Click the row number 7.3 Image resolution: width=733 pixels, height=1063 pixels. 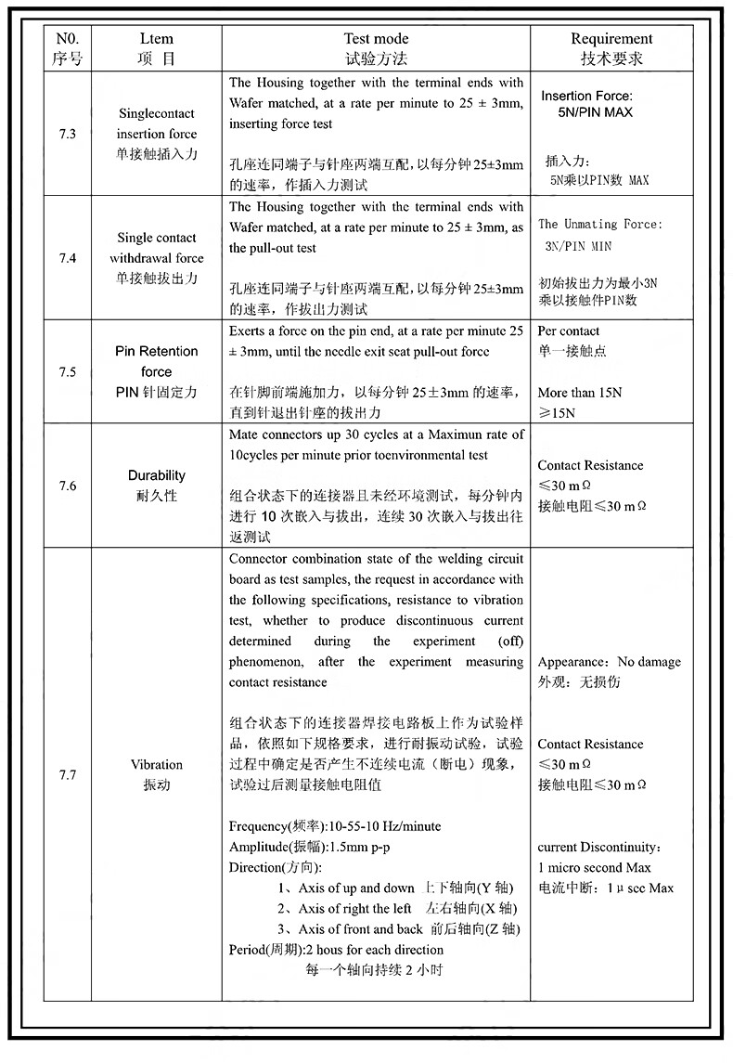(67, 134)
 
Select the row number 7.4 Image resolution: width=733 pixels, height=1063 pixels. (67, 258)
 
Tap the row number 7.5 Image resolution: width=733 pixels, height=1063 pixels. (67, 371)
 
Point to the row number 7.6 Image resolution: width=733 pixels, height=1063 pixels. (67, 486)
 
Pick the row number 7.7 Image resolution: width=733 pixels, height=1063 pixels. (67, 774)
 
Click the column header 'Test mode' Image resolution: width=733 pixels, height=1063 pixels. (376, 39)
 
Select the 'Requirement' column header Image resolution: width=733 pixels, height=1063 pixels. (611, 39)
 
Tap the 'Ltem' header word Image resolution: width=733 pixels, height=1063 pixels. (156, 39)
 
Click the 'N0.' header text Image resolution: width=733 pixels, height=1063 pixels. (67, 39)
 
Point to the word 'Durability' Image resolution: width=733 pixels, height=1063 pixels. (157, 475)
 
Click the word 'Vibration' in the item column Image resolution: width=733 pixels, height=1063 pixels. (157, 764)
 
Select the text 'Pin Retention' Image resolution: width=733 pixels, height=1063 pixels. (157, 351)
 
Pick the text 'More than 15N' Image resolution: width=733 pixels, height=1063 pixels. (580, 393)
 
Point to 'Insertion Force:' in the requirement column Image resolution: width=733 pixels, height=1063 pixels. (586, 96)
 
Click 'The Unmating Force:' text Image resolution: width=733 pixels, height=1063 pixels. (600, 224)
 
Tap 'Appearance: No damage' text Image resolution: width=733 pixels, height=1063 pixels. (609, 662)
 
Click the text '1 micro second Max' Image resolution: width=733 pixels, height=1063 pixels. (594, 868)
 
